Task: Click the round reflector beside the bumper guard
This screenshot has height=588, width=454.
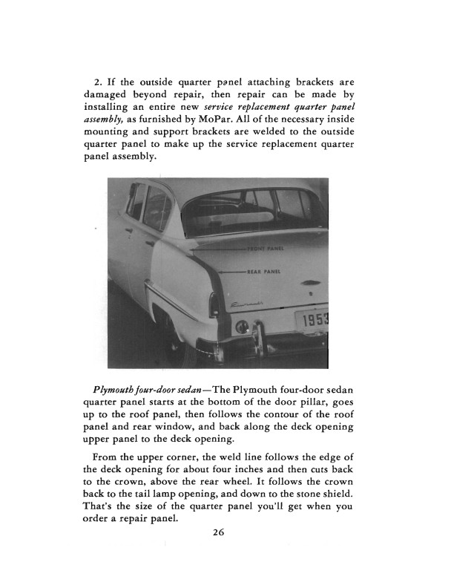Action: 242,327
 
